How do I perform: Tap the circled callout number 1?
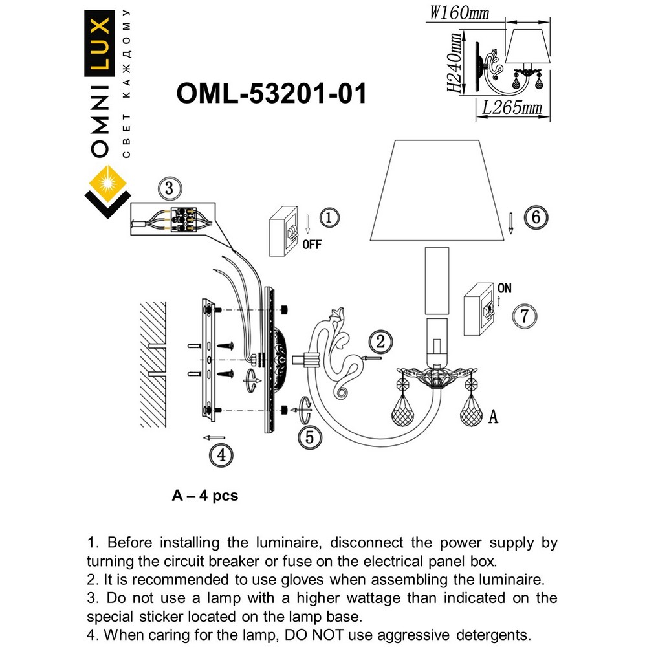[329, 217]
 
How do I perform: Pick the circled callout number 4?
[221, 455]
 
